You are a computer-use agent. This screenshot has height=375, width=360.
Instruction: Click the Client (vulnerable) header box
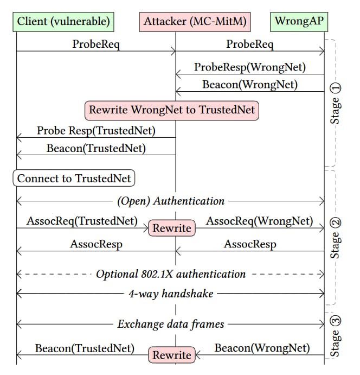point(63,22)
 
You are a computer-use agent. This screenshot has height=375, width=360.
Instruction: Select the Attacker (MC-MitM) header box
point(195,22)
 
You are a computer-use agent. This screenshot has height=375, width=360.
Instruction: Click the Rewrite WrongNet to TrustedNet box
point(172,110)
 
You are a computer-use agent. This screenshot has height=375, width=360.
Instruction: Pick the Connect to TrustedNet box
point(74,179)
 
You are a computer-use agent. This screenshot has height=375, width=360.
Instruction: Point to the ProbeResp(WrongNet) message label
point(250,68)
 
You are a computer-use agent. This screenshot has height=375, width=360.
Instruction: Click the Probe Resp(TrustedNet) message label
point(96,131)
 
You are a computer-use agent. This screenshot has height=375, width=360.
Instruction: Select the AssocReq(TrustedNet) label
point(82,221)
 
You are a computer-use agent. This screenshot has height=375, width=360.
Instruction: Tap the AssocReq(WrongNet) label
point(260,221)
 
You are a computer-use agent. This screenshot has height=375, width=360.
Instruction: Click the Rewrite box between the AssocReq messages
point(171,228)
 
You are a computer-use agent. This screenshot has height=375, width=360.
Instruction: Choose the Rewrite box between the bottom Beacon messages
point(171,355)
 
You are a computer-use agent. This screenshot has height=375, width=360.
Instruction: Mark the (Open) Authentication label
point(171,201)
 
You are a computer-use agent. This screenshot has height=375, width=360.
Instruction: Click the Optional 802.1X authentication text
point(171,274)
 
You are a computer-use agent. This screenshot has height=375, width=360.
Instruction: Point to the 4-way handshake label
point(171,294)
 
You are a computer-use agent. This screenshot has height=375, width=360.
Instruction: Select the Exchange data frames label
point(171,325)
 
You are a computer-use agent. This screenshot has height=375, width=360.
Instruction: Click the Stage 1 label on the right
point(336,103)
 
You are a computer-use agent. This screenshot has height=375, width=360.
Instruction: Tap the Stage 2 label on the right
point(336,238)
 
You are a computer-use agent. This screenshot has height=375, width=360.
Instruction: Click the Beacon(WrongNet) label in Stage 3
point(262,348)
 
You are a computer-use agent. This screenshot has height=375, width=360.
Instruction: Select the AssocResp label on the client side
point(96,244)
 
